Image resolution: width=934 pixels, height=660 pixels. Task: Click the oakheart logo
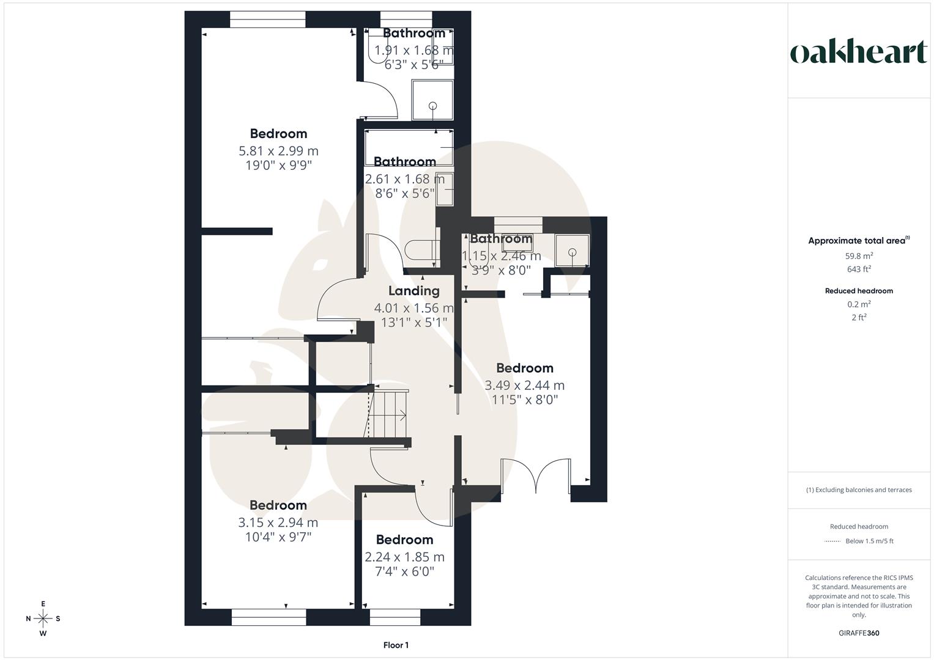click(x=858, y=53)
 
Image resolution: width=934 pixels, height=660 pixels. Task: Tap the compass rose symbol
click(x=43, y=618)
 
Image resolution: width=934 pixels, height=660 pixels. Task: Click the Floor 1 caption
click(x=396, y=645)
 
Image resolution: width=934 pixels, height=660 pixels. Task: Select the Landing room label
click(x=414, y=291)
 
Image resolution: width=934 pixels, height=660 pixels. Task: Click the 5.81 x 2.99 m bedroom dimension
click(x=278, y=151)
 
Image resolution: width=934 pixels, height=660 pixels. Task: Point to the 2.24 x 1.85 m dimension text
click(x=404, y=557)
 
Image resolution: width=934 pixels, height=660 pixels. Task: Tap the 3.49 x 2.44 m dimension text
click(x=524, y=386)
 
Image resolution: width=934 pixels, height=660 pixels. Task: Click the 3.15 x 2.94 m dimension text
click(x=278, y=522)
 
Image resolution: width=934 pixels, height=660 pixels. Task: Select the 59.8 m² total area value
click(x=859, y=256)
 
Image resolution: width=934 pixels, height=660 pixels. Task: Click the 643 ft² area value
click(x=859, y=269)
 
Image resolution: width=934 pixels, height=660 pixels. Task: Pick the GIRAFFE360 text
click(x=859, y=633)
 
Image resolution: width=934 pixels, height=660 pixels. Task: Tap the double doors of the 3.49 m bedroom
click(x=536, y=475)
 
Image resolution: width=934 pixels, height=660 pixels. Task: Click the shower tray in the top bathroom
click(x=433, y=99)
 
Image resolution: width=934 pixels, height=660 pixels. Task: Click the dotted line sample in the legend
click(x=832, y=541)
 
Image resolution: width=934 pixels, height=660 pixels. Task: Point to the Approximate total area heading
click(x=859, y=241)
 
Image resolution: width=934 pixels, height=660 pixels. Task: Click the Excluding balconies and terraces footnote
click(x=859, y=490)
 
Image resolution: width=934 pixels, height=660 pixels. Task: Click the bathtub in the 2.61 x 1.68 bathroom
click(x=409, y=147)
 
